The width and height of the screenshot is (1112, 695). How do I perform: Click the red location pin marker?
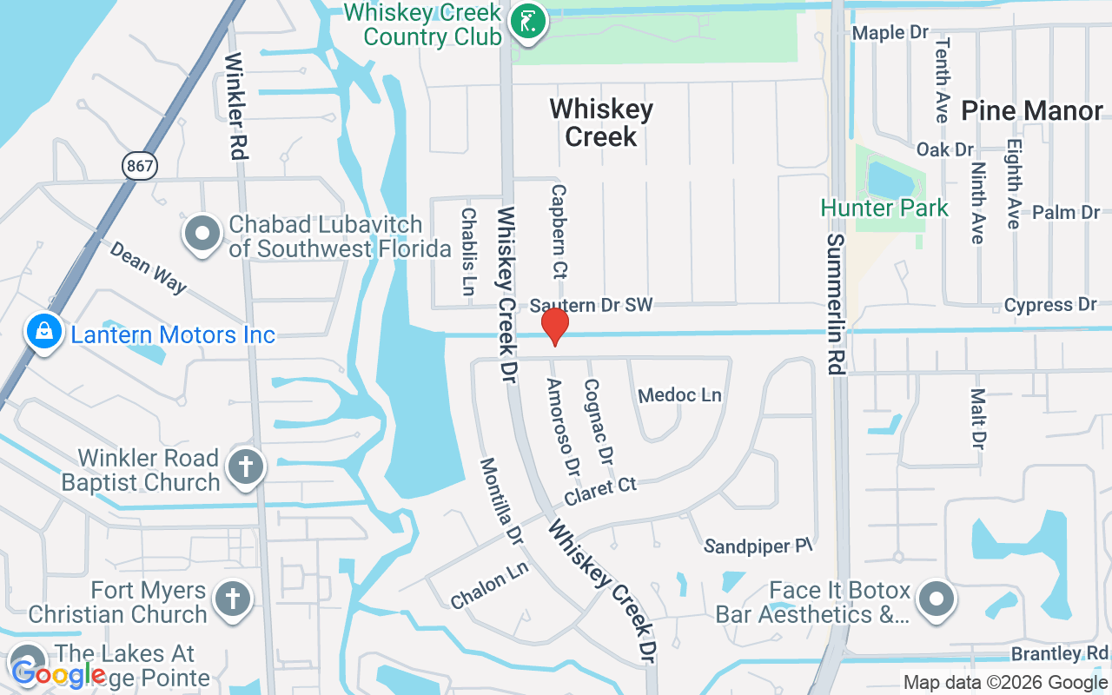554,327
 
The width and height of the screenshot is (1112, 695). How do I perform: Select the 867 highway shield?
140,164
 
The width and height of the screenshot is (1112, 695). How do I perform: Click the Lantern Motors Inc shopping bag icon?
43,334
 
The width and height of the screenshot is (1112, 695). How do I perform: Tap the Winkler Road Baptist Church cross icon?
245,468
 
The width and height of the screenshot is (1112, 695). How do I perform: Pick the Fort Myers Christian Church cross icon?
232,599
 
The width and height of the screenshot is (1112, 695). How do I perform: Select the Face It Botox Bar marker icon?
936,599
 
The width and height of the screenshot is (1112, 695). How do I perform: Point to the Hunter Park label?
884,208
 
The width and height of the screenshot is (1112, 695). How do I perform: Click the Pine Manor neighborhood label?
1031,111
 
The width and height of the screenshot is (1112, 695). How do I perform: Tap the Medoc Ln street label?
679,395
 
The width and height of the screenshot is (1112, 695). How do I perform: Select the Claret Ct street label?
600,491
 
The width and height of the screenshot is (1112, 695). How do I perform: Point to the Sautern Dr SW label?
591,305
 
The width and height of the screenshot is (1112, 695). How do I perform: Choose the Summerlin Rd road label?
836,303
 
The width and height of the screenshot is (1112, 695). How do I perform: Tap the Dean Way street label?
148,267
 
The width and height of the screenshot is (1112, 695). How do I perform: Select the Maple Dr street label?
890,33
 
